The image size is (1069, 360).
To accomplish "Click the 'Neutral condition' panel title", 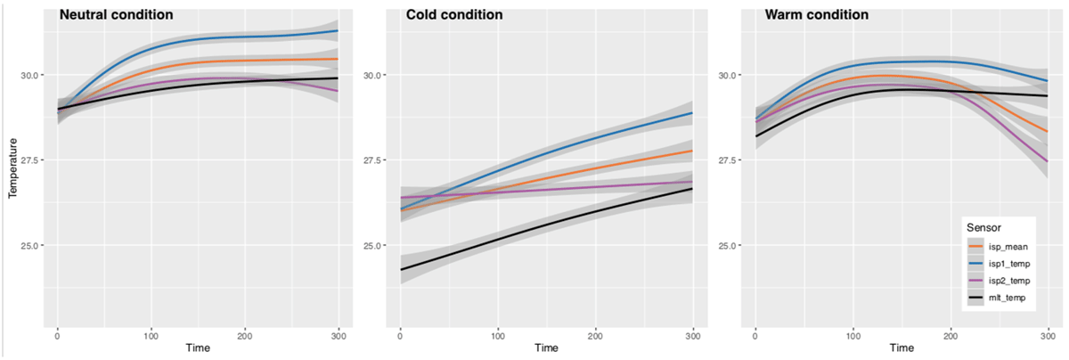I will (116, 15).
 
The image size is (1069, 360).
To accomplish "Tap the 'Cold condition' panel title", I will (453, 15).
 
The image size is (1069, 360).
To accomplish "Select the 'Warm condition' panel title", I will (816, 15).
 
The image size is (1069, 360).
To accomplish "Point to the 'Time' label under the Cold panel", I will (546, 348).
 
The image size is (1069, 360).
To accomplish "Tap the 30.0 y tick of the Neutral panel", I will (30, 75).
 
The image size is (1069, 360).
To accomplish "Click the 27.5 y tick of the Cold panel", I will (373, 160).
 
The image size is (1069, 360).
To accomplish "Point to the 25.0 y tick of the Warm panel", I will (729, 246).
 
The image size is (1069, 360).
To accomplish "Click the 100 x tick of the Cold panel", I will (497, 333).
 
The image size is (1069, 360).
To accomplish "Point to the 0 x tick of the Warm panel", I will (755, 333).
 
